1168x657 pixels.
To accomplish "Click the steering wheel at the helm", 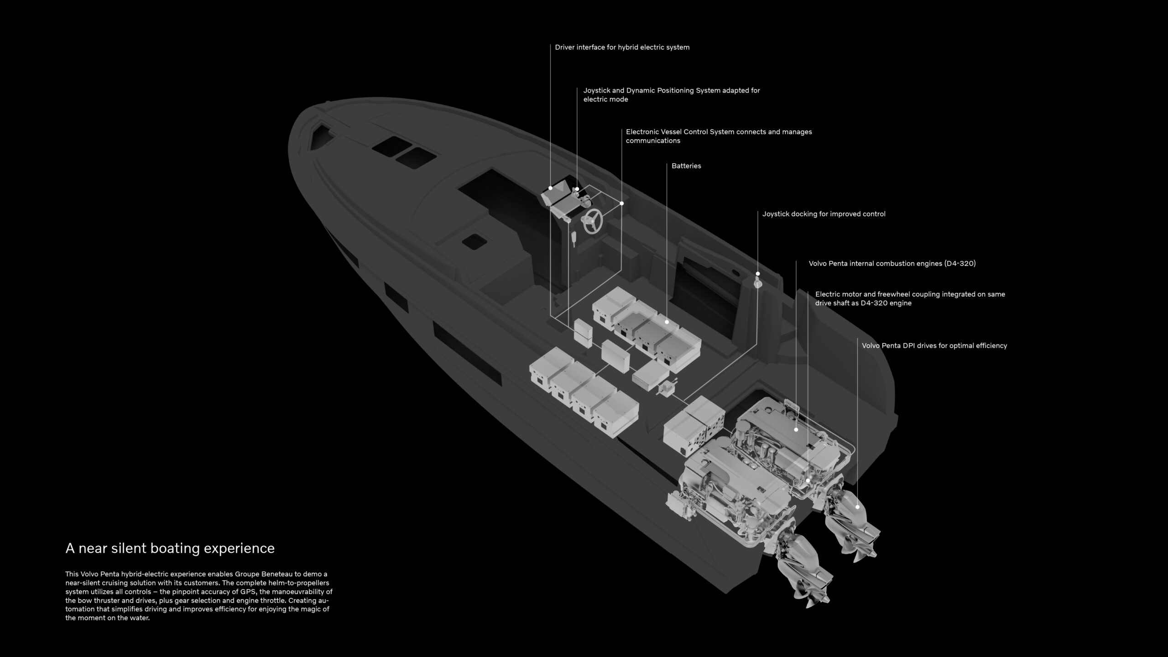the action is pyautogui.click(x=592, y=221).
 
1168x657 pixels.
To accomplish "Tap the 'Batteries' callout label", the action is pyautogui.click(x=686, y=166).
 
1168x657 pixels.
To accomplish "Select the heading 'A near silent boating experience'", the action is pyautogui.click(x=170, y=548).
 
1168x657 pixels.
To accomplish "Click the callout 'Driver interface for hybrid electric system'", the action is pyautogui.click(x=622, y=47).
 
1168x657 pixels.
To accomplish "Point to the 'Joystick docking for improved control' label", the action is pyautogui.click(x=824, y=214).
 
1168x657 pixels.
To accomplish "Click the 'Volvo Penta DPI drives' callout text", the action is pyautogui.click(x=934, y=346).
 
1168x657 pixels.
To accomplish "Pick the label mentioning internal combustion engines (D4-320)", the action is pyautogui.click(x=892, y=264).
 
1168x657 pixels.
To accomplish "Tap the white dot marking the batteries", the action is pyautogui.click(x=667, y=322).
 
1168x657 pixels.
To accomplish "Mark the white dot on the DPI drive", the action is pyautogui.click(x=857, y=507).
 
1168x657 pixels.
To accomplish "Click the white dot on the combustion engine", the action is pyautogui.click(x=796, y=429).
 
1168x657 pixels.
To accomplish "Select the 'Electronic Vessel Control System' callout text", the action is pyautogui.click(x=719, y=136).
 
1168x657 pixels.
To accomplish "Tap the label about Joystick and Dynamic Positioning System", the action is pyautogui.click(x=672, y=95).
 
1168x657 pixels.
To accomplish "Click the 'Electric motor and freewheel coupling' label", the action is pyautogui.click(x=910, y=299).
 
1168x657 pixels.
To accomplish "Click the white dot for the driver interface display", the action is pyautogui.click(x=550, y=188).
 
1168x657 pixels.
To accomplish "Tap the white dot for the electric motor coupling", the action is pyautogui.click(x=808, y=480).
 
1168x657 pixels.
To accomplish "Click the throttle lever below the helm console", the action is pyautogui.click(x=574, y=239).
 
